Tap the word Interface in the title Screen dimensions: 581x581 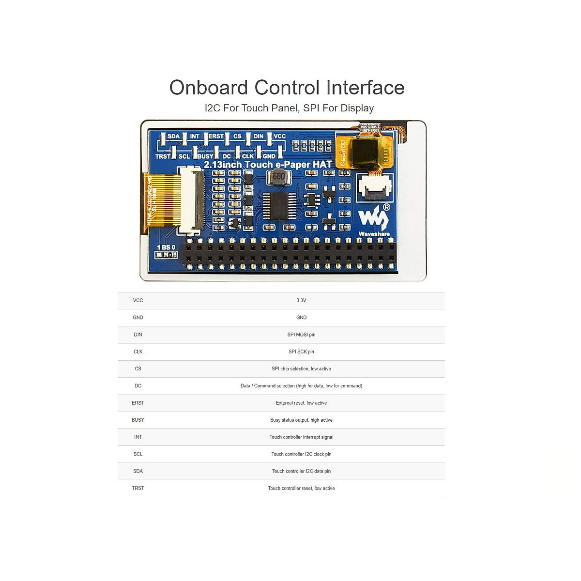(365, 88)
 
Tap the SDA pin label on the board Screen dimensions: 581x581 (173, 137)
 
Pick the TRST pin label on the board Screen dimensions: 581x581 (163, 156)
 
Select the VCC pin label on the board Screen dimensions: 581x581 (279, 137)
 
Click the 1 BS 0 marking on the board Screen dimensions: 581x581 (166, 247)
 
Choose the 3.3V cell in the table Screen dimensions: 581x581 (301, 301)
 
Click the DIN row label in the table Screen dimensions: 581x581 (138, 335)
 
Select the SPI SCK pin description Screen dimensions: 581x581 (301, 352)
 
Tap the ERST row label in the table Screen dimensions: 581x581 (138, 403)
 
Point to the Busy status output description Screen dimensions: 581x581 (301, 420)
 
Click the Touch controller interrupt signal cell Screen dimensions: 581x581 (301, 437)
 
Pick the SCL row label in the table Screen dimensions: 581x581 (138, 454)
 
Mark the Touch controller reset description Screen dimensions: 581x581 (301, 489)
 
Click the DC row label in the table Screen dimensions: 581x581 (138, 386)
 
